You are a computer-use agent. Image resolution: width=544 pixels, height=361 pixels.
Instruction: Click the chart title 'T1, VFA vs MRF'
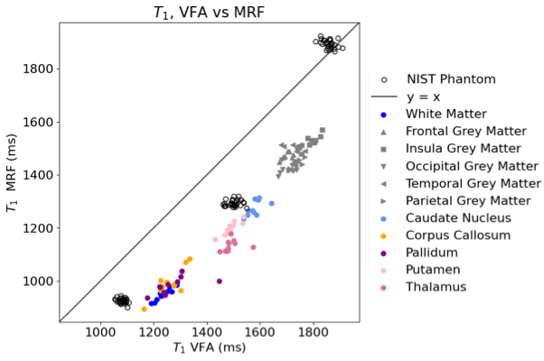tap(210, 13)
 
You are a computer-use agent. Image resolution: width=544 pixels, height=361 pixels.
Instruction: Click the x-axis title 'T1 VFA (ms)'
tap(210, 347)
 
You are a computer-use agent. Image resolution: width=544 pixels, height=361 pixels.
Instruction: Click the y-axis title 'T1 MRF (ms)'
tap(12, 172)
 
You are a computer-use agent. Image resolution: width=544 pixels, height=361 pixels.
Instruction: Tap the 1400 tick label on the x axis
tap(207, 332)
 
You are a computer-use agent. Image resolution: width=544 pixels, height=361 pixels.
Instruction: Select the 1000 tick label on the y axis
tap(38, 282)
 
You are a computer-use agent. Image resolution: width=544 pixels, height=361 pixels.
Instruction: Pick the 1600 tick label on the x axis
tap(260, 332)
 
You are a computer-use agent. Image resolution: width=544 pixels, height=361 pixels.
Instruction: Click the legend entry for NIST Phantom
tap(438, 79)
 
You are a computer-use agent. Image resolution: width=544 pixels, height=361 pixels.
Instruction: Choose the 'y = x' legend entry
tap(406, 97)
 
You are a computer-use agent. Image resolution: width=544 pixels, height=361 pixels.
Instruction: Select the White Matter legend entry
tap(434, 114)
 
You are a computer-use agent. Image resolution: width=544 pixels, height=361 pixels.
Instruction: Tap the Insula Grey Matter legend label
tap(464, 149)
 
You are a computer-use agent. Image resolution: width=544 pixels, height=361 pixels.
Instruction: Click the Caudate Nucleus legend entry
tap(446, 218)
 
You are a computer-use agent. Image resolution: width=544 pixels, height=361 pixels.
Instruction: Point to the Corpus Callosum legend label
tap(458, 236)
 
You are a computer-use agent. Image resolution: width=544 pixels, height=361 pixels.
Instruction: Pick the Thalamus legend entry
tap(424, 287)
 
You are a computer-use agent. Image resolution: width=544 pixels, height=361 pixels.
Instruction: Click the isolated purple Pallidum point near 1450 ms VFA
tap(220, 282)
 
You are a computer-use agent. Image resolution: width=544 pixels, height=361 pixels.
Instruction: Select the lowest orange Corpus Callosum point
tap(145, 309)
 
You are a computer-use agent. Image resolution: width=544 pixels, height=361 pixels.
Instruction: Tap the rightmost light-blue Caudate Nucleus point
tap(272, 203)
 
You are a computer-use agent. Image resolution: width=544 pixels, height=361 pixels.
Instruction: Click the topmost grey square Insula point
tap(323, 130)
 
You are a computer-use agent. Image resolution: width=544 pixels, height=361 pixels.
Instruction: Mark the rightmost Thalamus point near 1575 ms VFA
tap(253, 247)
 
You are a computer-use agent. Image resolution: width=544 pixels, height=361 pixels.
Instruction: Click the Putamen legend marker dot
tap(383, 271)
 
